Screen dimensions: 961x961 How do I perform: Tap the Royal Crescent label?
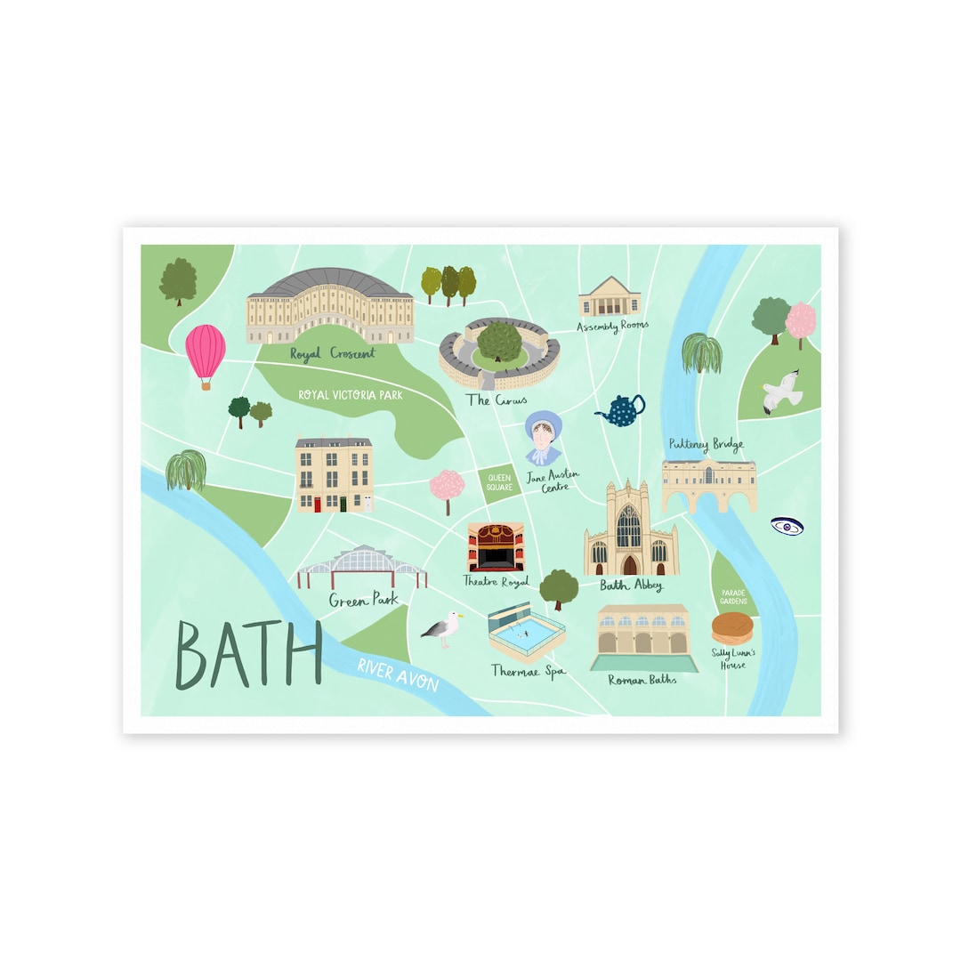click(x=333, y=354)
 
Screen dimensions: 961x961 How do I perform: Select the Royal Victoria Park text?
click(x=351, y=394)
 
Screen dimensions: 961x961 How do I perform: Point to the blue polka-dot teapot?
click(x=622, y=410)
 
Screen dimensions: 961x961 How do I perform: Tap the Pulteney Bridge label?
click(x=706, y=445)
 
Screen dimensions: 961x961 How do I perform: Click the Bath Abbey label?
click(x=631, y=585)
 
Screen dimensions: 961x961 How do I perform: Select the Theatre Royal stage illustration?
click(x=496, y=546)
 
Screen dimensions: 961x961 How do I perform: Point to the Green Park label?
click(x=363, y=601)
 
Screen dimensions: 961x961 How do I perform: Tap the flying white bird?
click(x=782, y=392)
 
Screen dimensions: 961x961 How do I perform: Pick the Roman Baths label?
click(x=642, y=680)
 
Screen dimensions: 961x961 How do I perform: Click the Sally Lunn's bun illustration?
click(x=732, y=628)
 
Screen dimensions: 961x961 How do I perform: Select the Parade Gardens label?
click(x=733, y=596)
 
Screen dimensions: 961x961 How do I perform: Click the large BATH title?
click(x=248, y=655)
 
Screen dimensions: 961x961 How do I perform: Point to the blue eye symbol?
click(x=787, y=527)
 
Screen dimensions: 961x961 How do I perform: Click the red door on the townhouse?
click(x=317, y=505)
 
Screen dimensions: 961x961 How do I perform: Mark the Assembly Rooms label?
click(x=612, y=327)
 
